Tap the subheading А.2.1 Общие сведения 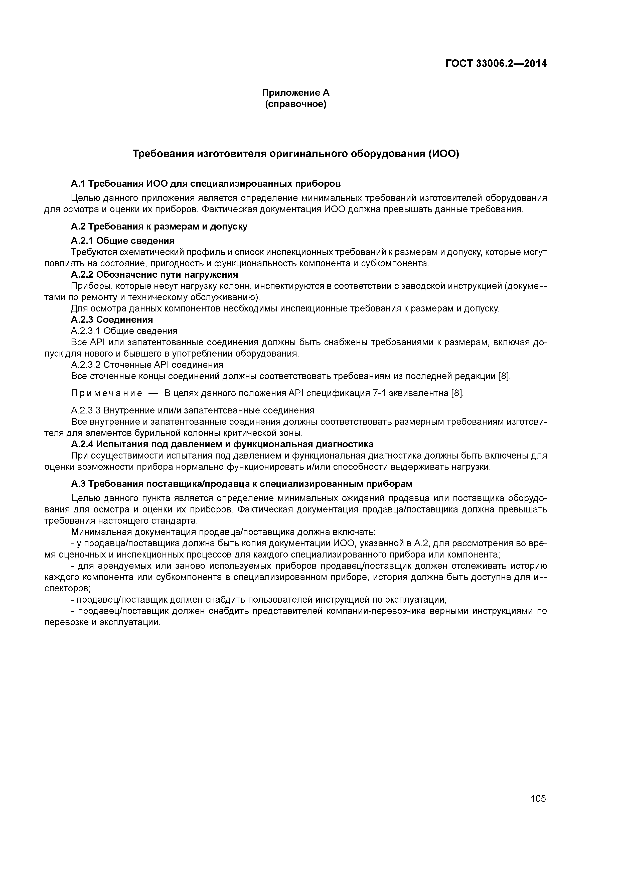coord(122,241)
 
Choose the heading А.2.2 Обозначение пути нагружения coord(154,274)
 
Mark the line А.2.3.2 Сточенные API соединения coord(147,365)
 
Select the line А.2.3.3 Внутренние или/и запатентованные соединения coord(193,410)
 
